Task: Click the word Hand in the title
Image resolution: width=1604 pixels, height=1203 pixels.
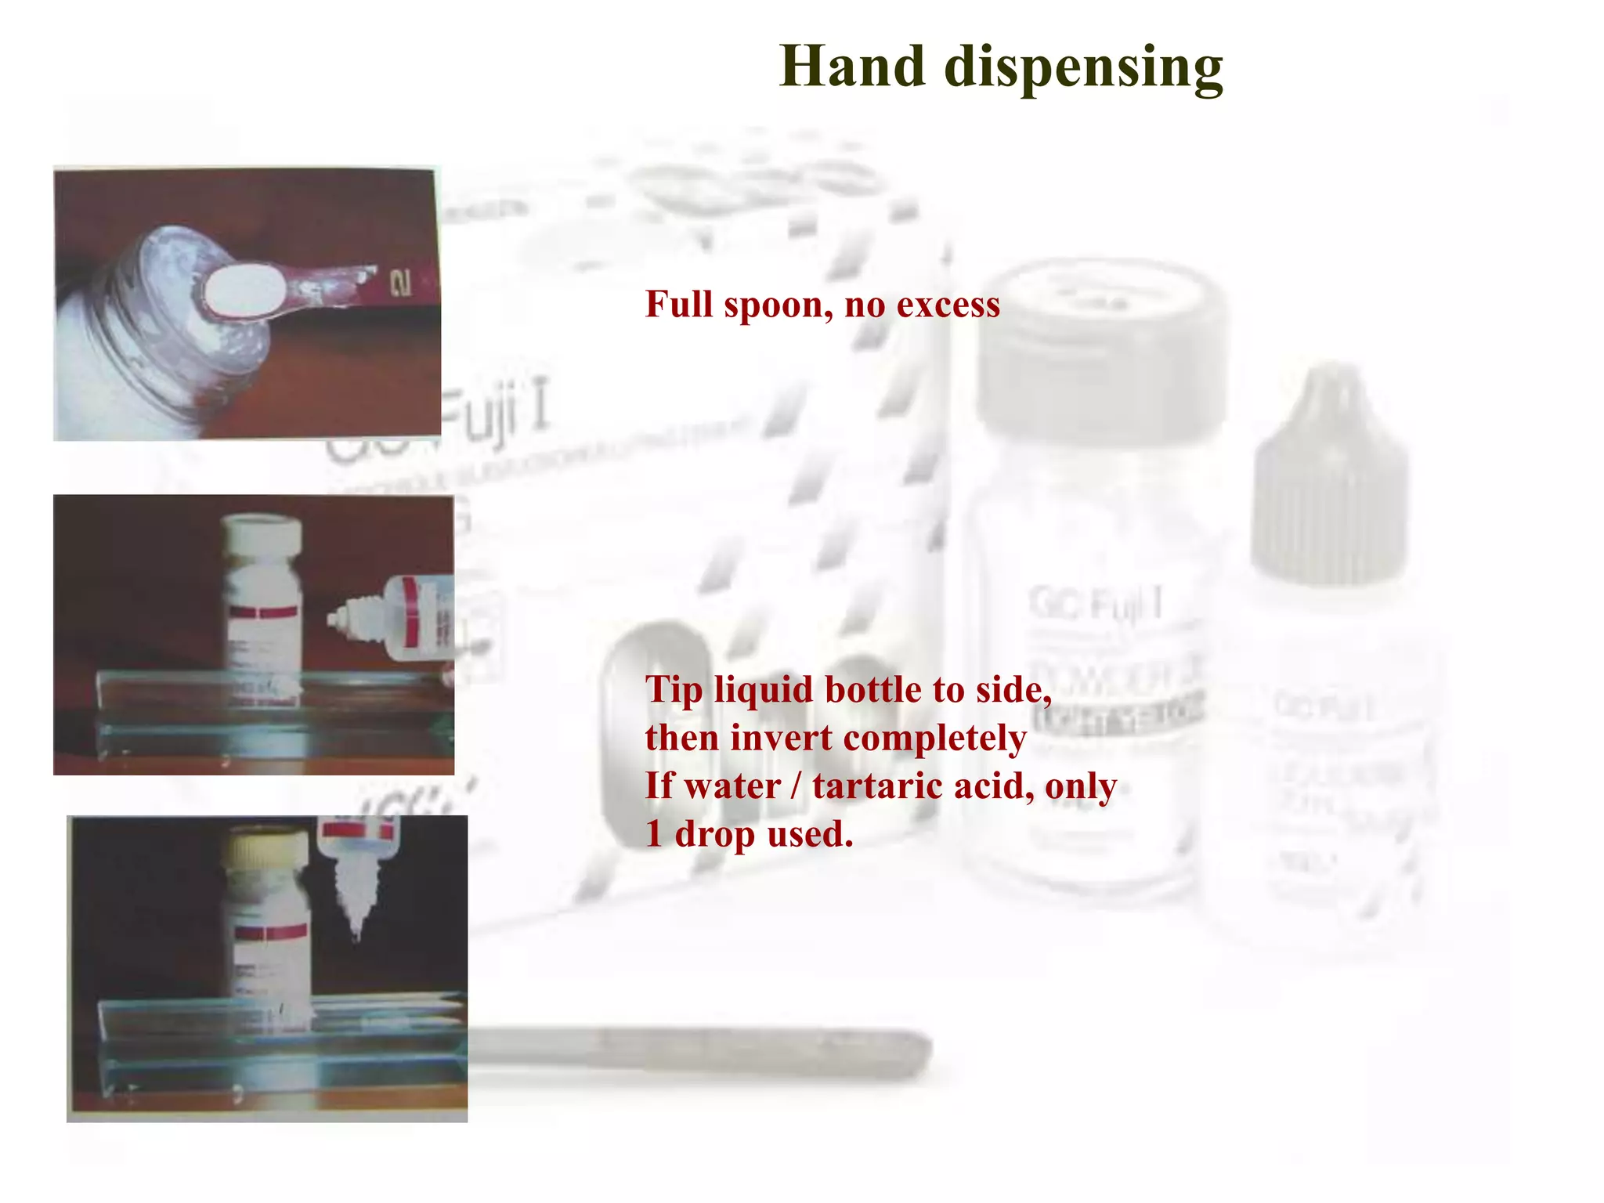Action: tap(852, 67)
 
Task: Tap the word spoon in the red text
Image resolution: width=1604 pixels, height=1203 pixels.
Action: tap(774, 305)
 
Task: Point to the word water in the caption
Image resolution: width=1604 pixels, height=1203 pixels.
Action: tap(732, 786)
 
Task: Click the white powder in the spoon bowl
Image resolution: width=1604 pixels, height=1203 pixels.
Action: tap(241, 288)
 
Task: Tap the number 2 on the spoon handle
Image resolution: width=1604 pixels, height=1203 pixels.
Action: tap(400, 283)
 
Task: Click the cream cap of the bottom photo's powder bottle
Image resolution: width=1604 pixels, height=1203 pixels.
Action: tap(265, 849)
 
